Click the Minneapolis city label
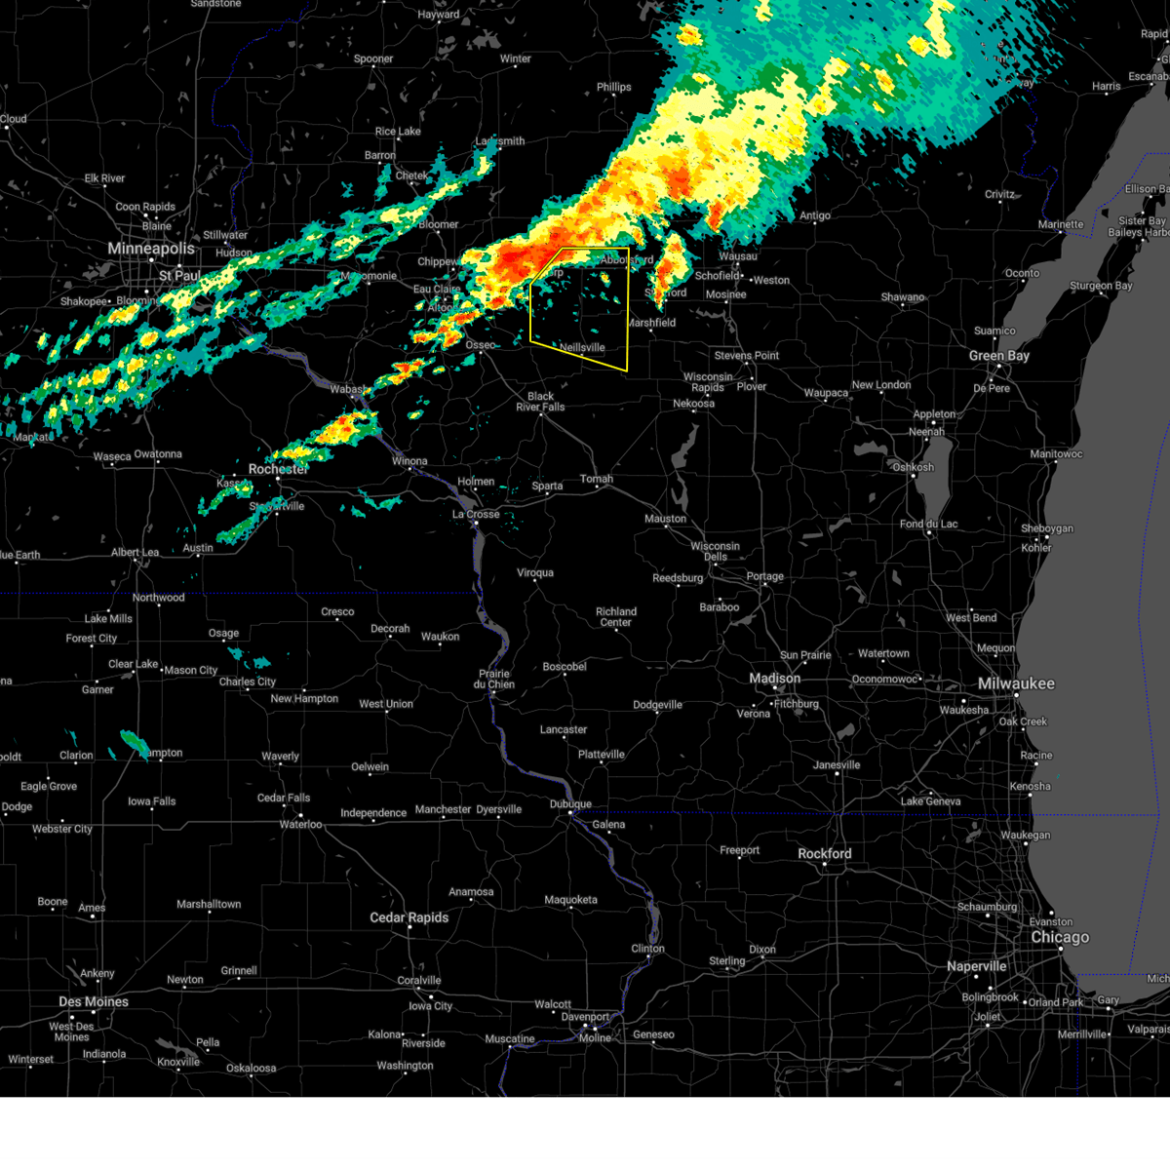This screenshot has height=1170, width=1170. click(151, 249)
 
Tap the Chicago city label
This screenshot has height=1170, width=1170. click(1060, 937)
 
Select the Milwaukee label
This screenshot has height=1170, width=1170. click(1016, 683)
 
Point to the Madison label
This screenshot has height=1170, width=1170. click(774, 679)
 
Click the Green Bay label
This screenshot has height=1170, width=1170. click(999, 356)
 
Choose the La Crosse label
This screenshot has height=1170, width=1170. click(476, 514)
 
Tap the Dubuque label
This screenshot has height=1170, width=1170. click(570, 804)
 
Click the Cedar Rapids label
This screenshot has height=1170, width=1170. click(409, 917)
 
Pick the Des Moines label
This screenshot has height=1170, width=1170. click(94, 1001)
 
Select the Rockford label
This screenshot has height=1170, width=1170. click(824, 854)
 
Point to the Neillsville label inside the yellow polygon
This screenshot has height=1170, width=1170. click(582, 347)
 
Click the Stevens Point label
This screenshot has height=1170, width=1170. click(747, 356)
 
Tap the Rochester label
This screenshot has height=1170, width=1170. click(278, 469)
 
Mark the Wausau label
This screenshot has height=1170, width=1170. click(738, 256)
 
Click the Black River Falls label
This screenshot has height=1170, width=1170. click(540, 402)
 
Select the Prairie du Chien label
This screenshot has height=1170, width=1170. click(494, 679)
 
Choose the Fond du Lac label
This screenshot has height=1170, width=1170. click(928, 524)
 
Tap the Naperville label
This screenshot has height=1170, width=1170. click(976, 966)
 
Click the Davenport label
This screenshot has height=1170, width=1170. click(585, 1017)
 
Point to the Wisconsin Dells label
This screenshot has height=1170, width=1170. click(715, 551)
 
